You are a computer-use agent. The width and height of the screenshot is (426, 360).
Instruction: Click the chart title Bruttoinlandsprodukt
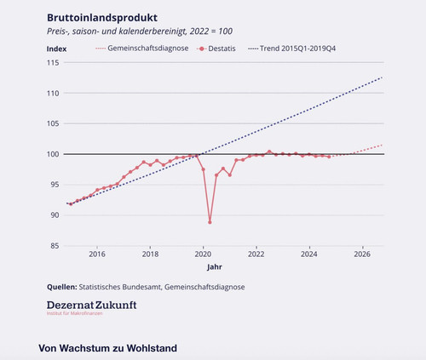tap(102, 18)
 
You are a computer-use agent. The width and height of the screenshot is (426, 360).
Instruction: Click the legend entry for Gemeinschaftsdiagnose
tap(142, 49)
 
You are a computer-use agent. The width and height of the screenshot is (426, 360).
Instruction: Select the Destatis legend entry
tap(216, 49)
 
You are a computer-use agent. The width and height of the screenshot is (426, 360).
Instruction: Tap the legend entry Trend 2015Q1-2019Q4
tap(291, 49)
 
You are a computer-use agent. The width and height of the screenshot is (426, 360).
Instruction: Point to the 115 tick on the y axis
tap(53, 63)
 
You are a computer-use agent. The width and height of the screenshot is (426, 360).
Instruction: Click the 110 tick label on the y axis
tap(53, 94)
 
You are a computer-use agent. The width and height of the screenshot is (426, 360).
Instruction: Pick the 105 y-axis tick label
tap(53, 123)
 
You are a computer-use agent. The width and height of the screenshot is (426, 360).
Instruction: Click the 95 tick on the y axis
tap(55, 185)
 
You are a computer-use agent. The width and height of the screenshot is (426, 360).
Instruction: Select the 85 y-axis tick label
tap(55, 246)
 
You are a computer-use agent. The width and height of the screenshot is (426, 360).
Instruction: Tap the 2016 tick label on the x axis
tap(97, 254)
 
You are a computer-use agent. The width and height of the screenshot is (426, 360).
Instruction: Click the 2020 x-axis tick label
tap(203, 254)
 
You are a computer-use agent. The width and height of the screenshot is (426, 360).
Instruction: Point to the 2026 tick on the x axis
tap(362, 254)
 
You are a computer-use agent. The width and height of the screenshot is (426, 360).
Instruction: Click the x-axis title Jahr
tap(215, 267)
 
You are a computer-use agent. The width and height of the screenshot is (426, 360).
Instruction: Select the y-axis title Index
tap(56, 49)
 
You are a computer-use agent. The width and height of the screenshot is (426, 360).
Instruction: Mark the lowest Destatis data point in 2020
tap(210, 222)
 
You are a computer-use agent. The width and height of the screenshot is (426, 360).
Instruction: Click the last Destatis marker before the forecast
tap(329, 157)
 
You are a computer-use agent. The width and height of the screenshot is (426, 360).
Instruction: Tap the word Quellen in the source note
tap(62, 287)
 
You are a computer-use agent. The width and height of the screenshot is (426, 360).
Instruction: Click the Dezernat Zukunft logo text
tap(92, 306)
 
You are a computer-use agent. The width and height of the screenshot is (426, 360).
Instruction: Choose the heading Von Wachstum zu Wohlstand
tap(108, 348)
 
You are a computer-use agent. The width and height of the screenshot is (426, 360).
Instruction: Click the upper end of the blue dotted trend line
tap(383, 77)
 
